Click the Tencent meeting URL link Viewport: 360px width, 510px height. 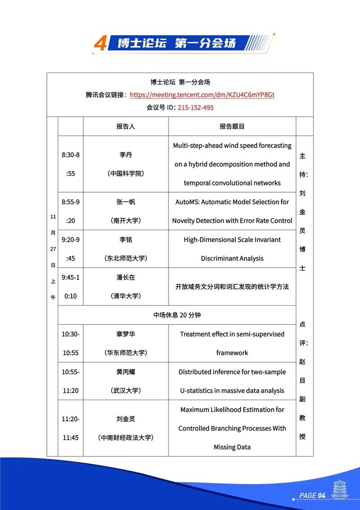coord(202,95)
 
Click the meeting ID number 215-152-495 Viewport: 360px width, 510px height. coord(196,108)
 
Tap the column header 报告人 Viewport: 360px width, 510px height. coord(126,126)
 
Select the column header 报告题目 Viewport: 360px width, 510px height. coord(232,126)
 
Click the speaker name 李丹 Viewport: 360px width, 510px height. coord(126,155)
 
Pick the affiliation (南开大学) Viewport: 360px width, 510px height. coord(126,221)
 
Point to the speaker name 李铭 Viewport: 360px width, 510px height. coord(126,239)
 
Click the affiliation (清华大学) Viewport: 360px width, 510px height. coord(126,296)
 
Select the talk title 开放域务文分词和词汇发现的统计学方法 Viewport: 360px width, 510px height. coord(232,287)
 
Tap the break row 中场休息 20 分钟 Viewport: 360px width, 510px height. coord(177,315)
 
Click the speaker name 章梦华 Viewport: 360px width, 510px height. coord(126,334)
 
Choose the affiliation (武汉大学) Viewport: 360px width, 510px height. coord(126,391)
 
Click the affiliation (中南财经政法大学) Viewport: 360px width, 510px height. coord(126,438)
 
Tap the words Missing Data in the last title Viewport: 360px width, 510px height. coord(232,447)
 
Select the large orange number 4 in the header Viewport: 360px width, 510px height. coord(100,44)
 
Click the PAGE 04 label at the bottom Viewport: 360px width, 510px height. coord(312,496)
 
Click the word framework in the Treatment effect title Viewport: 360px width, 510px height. coord(232,353)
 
